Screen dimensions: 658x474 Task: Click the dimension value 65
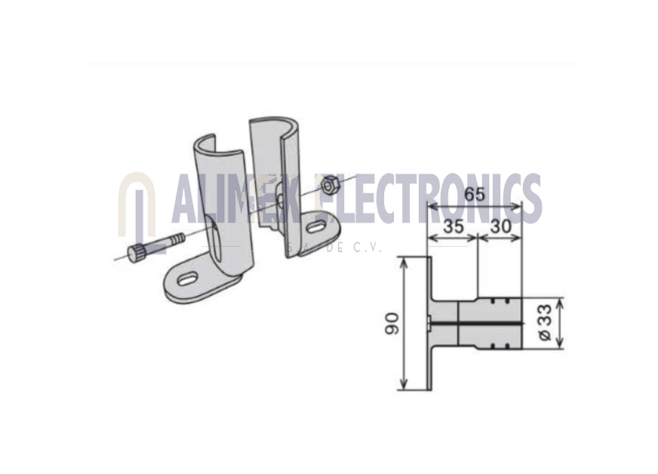tap(475, 195)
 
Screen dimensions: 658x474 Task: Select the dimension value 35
tap(454, 226)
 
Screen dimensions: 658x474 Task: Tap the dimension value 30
tap(501, 226)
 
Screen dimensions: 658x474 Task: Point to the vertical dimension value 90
tap(392, 323)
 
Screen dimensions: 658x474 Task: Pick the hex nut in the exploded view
tap(327, 185)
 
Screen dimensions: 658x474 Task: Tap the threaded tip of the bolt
tap(177, 240)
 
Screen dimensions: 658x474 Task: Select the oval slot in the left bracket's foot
tap(189, 279)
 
